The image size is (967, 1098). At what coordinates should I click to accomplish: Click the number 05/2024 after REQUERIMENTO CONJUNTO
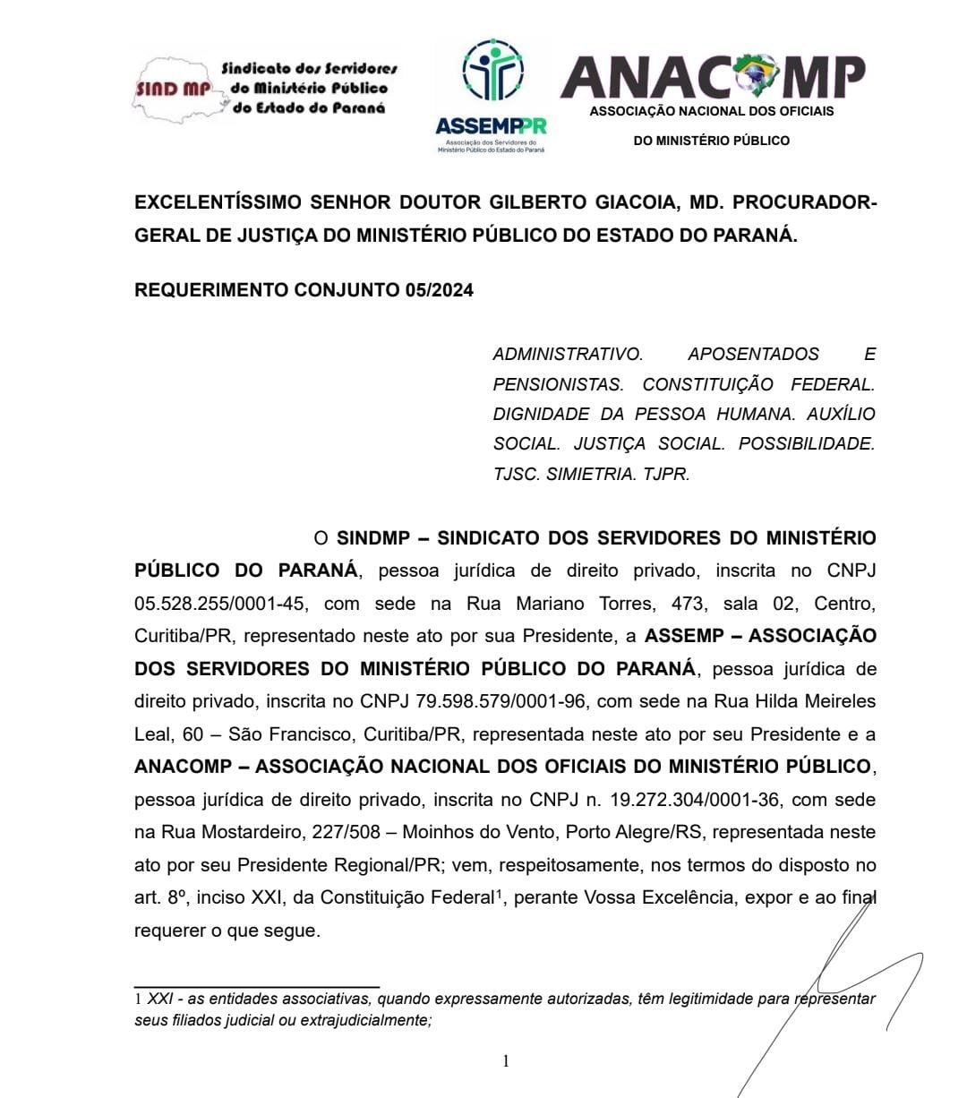click(441, 290)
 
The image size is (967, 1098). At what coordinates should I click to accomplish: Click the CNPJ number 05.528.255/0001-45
click(220, 604)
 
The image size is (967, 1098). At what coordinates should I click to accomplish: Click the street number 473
click(687, 604)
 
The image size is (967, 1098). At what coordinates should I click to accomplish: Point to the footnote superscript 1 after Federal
click(498, 893)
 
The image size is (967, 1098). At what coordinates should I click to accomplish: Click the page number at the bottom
click(506, 1061)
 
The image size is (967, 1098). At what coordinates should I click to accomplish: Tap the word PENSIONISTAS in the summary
click(558, 384)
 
